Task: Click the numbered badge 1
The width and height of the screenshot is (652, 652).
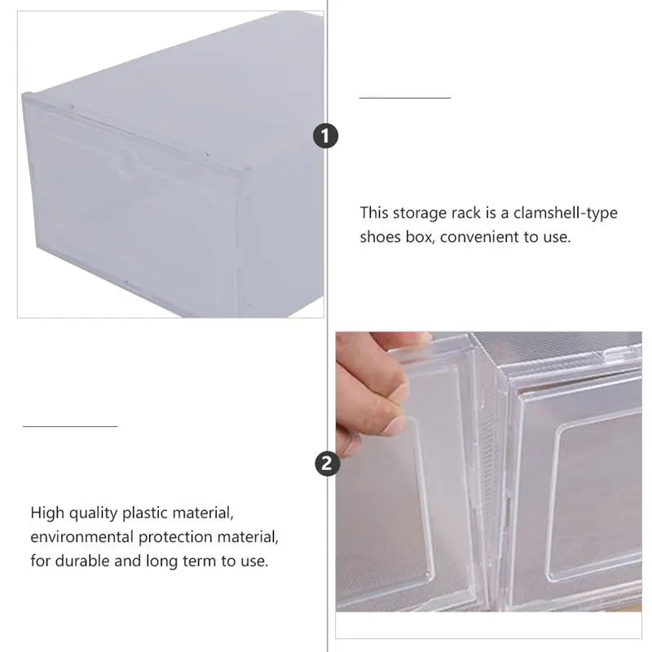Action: tap(326, 136)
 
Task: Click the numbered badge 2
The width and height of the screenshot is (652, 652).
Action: tap(326, 464)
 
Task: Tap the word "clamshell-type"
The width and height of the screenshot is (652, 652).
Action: tap(571, 214)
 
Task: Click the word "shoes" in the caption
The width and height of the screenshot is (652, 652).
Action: tap(380, 237)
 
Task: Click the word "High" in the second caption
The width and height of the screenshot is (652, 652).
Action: tap(46, 513)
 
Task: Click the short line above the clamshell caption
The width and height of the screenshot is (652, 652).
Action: tap(405, 97)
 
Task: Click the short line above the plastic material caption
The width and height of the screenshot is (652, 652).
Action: tap(70, 425)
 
